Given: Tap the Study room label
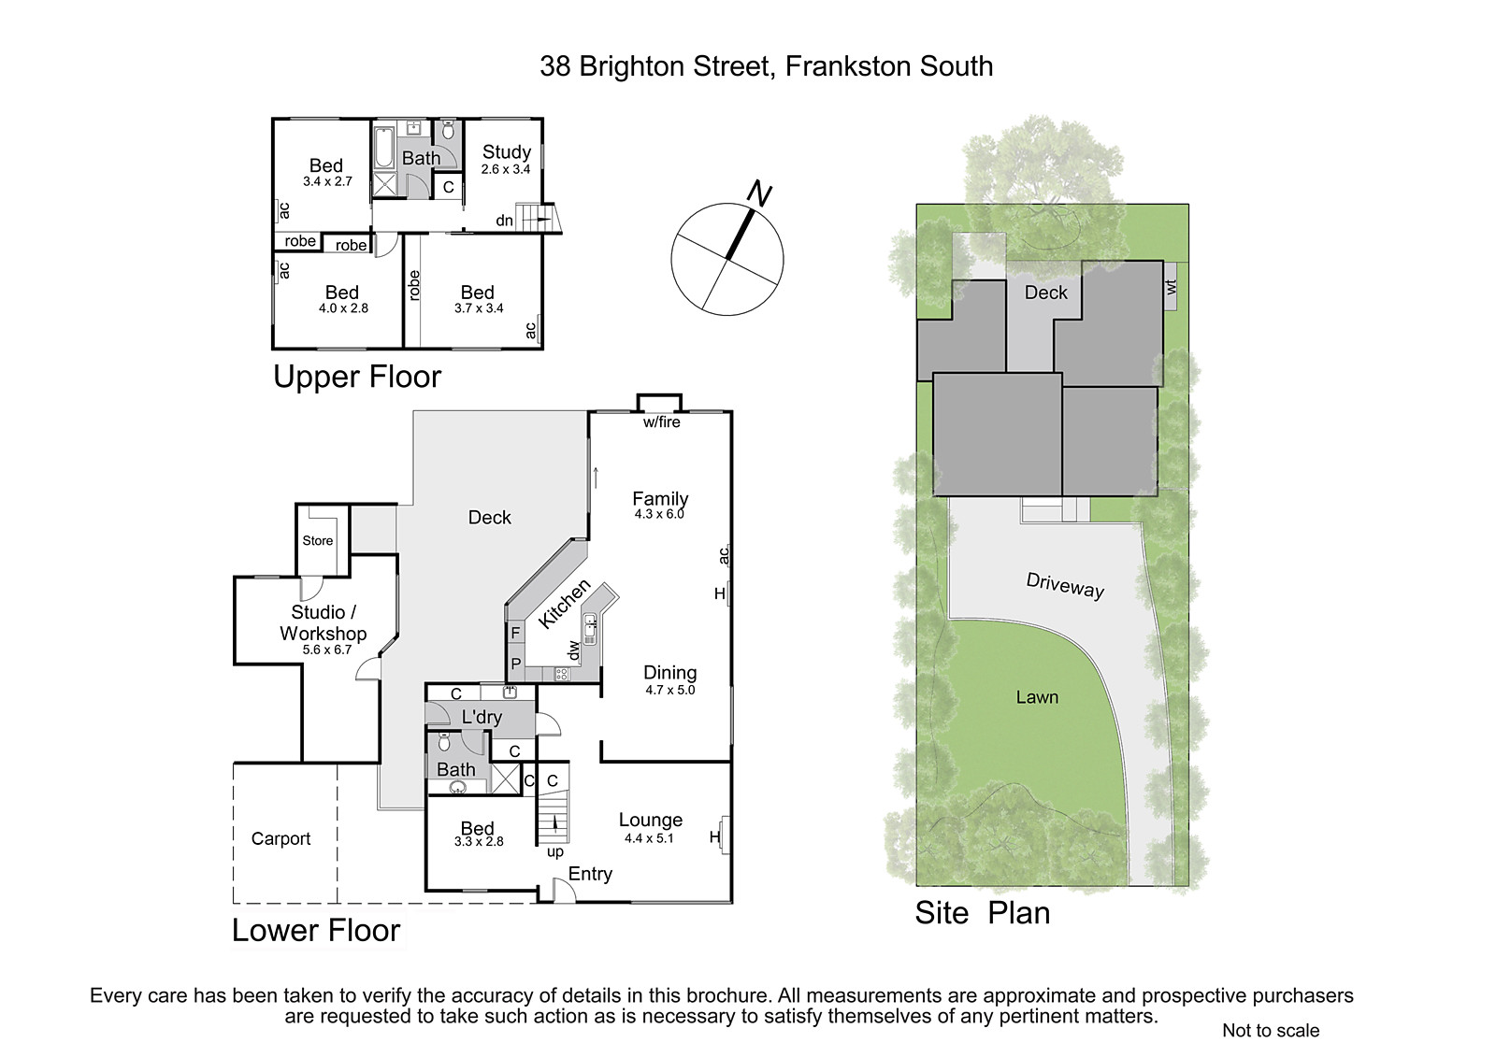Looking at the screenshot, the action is [506, 152].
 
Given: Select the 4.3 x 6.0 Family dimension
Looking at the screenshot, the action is [659, 514].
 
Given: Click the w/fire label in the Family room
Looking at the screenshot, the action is [661, 422].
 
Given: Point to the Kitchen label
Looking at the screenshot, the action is [565, 604].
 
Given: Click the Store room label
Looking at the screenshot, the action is [317, 541].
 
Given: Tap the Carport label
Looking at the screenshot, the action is [280, 838].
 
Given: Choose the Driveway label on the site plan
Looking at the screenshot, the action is [1065, 586].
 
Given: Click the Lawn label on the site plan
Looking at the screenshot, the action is [1037, 697].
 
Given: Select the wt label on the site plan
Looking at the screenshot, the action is [1171, 287].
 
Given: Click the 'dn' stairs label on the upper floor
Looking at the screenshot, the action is [504, 221].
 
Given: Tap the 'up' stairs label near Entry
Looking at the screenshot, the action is [555, 852].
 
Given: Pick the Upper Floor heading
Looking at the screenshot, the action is [357, 377].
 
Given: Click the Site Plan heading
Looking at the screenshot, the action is [983, 913].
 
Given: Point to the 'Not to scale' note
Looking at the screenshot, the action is [1271, 1030].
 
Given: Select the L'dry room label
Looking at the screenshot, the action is [482, 717].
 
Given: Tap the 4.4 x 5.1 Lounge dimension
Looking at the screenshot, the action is [649, 838].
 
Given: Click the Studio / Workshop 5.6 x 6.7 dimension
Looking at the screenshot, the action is [326, 650].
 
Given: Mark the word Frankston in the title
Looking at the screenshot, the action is [848, 66].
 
